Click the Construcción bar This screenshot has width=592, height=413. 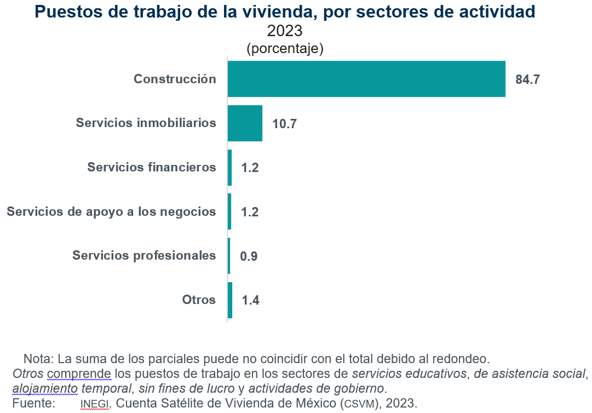pos(366,79)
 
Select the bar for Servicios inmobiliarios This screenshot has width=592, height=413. pos(245,123)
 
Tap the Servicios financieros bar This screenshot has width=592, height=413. pos(229,168)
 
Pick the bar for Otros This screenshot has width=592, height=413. pos(230,300)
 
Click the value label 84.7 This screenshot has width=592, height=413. pos(528,79)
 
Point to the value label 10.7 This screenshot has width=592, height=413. pos(284,124)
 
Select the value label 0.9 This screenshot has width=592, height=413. pos(249,256)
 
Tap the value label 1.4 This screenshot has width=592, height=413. pos(250,300)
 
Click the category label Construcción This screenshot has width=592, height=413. pos(175,79)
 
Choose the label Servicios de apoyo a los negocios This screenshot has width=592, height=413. pos(111,211)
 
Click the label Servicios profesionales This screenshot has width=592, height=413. pos(144,255)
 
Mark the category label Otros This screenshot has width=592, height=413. pos(199,300)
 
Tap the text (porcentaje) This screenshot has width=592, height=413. pos(285,48)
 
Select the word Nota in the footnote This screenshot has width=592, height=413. pos(37,359)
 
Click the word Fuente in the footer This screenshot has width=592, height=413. pos(33,404)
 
